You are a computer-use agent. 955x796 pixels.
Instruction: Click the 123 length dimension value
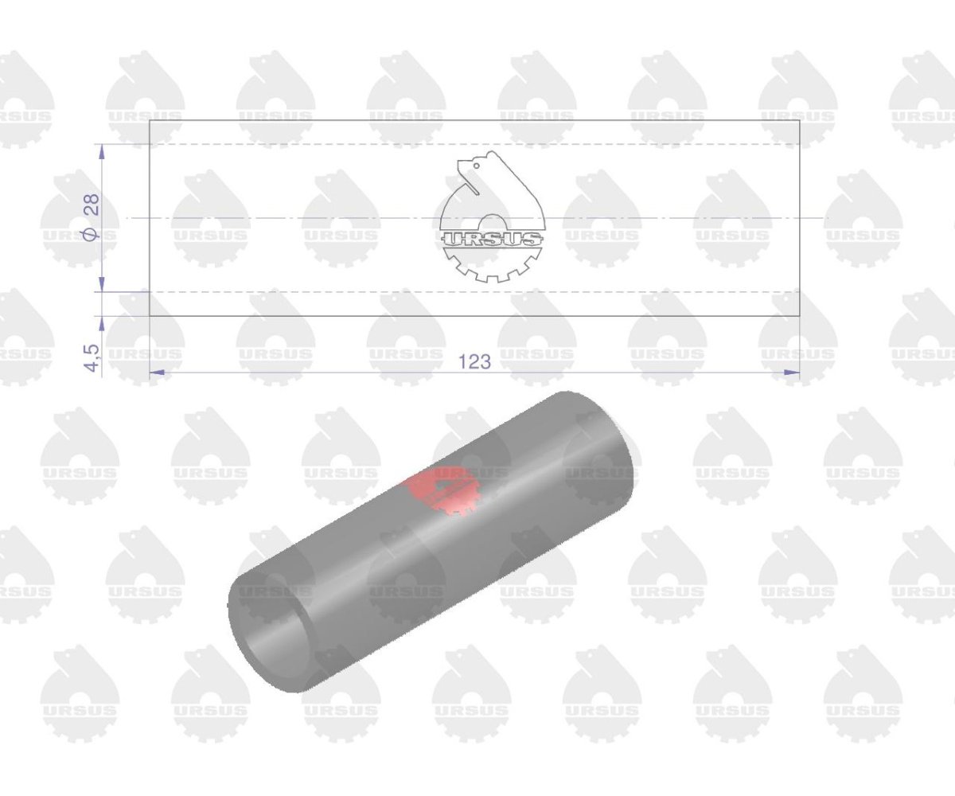coord(474,362)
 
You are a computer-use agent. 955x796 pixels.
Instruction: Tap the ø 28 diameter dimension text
coord(92,217)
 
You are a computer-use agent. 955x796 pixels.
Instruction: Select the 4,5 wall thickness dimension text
coord(92,357)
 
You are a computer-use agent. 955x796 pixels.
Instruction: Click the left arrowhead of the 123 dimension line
coord(157,373)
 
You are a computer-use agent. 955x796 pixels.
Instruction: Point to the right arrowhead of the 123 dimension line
coord(793,373)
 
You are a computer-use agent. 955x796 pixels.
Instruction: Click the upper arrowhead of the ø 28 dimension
coord(102,151)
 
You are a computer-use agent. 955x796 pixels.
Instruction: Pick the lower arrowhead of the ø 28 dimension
coord(102,284)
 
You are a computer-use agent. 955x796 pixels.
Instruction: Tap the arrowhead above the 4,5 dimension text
coord(102,323)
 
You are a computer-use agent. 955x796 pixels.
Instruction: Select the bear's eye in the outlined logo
coord(477,166)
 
